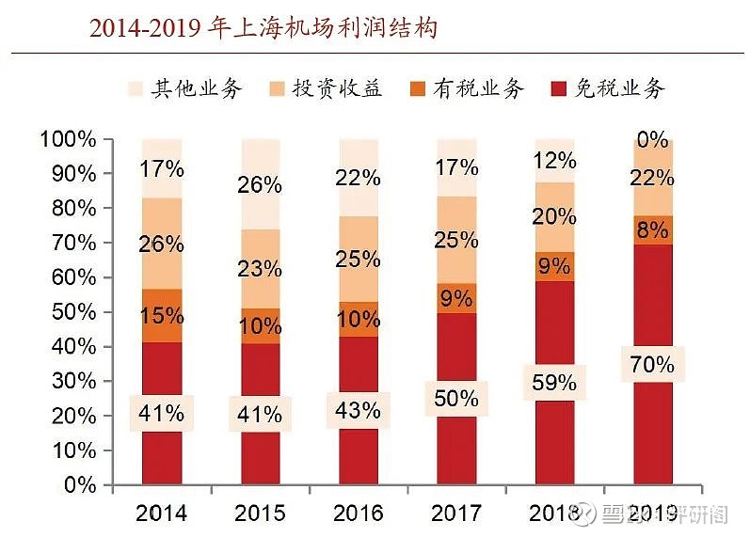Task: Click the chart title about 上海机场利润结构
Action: pos(263,28)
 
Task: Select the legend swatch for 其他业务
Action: pos(138,90)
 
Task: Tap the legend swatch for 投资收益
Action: pos(279,90)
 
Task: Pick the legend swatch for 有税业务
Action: pos(421,90)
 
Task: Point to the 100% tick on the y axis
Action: pos(68,139)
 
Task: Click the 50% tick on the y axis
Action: pos(73,312)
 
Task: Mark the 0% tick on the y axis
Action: pos(79,485)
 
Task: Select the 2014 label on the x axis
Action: pos(161,513)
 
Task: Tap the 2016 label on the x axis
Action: pos(359,513)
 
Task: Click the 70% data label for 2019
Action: pos(652,364)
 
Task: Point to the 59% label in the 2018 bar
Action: pos(553,382)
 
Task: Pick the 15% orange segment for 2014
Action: pos(161,316)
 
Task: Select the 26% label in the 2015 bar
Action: pos(260,184)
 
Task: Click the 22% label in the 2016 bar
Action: pos(359,178)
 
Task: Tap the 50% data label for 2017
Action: pos(456,399)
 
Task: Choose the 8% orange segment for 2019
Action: pos(652,229)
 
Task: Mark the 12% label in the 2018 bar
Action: pos(553,161)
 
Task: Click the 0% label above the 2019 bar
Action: pos(652,140)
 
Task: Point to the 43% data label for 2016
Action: pos(359,411)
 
